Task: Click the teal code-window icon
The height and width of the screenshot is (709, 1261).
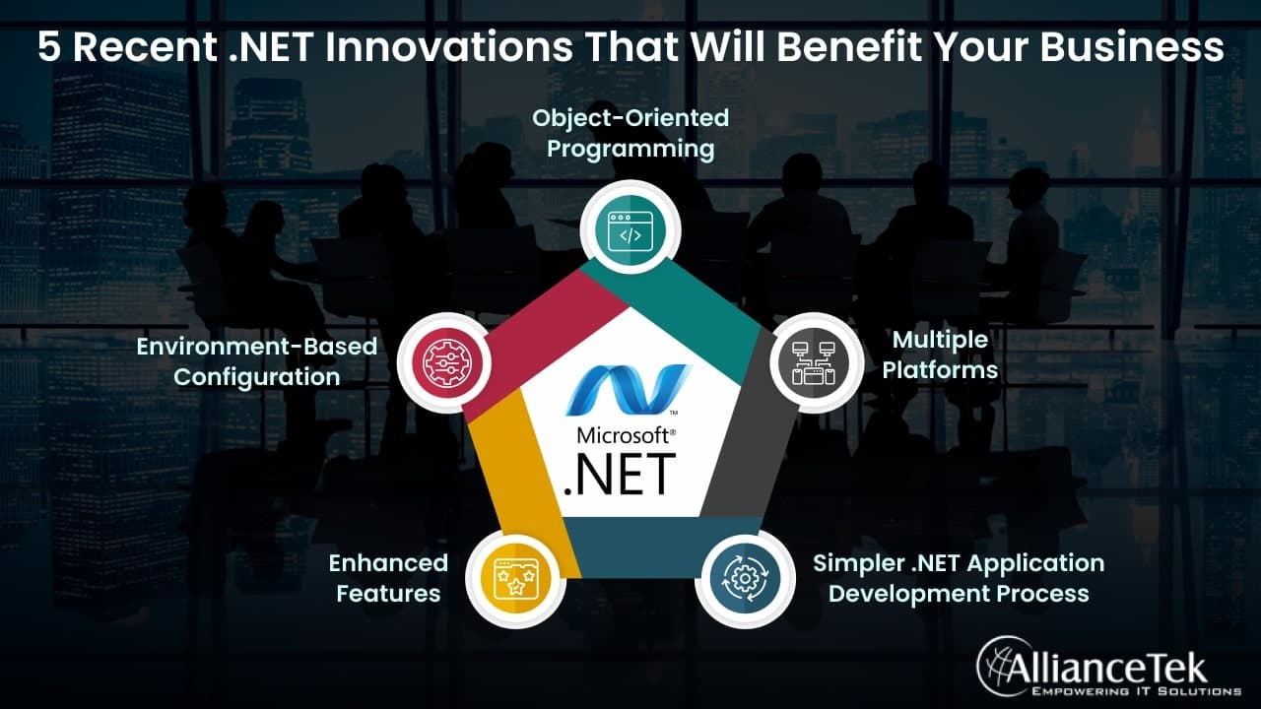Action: (x=630, y=230)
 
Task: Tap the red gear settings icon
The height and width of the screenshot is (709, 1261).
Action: (x=447, y=363)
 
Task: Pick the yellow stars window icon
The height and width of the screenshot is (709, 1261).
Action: (x=516, y=578)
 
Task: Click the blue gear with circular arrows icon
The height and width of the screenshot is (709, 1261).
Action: (x=745, y=578)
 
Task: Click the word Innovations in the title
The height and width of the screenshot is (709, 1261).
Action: (x=449, y=46)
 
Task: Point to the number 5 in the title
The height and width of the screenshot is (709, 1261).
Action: (x=49, y=46)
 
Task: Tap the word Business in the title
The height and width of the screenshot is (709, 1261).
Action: (x=1132, y=46)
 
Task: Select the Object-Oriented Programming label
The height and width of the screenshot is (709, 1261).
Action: (x=630, y=134)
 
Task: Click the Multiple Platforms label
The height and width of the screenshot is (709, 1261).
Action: (x=940, y=355)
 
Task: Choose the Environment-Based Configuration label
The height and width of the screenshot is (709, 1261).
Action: (x=257, y=361)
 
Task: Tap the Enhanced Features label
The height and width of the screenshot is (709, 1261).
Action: (x=388, y=578)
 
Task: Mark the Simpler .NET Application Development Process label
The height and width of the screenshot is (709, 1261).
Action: (x=959, y=578)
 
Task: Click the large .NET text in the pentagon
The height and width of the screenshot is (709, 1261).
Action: (x=620, y=476)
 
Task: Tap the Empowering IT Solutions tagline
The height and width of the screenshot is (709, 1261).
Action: (x=1136, y=691)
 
